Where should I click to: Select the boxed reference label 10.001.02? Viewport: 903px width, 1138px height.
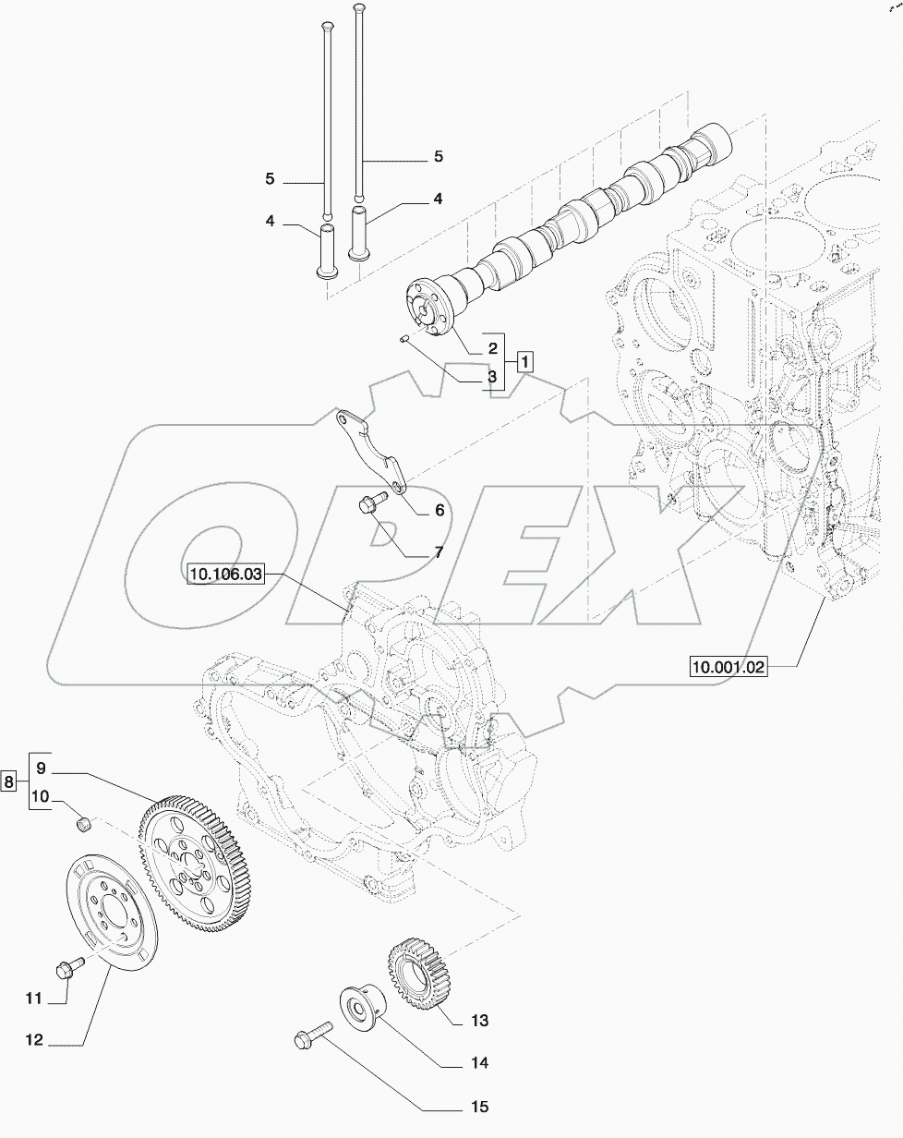click(x=728, y=666)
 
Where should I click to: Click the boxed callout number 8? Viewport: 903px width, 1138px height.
click(x=9, y=781)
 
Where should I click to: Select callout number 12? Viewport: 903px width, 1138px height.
click(x=34, y=1040)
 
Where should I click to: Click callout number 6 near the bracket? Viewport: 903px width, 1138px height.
click(x=439, y=510)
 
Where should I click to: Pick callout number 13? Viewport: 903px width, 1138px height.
click(x=479, y=1021)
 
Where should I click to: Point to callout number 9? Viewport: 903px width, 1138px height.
click(x=42, y=767)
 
